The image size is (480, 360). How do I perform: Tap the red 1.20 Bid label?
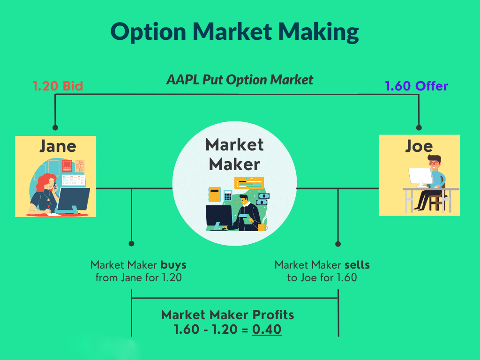pos(57,86)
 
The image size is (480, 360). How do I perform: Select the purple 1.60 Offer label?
pos(416,86)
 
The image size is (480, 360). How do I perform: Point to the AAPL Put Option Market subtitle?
pos(240,80)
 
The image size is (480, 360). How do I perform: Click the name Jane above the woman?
pos(57,146)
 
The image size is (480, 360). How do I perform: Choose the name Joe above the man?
pos(419,146)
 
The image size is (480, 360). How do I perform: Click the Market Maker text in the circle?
pos(234,154)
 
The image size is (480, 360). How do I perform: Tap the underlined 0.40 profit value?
pos(267,330)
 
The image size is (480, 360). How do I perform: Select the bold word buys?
pos(173,265)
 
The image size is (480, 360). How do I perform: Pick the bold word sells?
pos(357,265)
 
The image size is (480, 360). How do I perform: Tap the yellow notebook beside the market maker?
pos(214,194)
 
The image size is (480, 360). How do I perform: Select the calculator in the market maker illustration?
pos(228,195)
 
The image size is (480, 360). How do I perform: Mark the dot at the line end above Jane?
pos(55,127)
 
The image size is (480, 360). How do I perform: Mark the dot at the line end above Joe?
pos(419,127)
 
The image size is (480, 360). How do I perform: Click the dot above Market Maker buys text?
pos(132,244)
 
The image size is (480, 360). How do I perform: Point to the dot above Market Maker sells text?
pos(338,244)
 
